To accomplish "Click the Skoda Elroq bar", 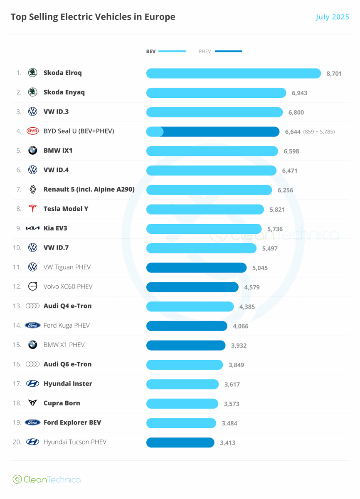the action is (x=233, y=73).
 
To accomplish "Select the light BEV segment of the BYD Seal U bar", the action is (x=155, y=132).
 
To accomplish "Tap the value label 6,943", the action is (x=299, y=93).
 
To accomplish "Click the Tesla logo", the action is (x=32, y=208).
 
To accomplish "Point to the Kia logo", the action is (x=32, y=228).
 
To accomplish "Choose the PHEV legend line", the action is (x=228, y=51).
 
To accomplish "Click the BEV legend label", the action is (x=151, y=52).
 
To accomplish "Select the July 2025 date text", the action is (x=332, y=17).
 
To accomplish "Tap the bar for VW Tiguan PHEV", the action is (x=196, y=267).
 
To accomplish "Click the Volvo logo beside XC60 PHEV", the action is (x=32, y=286).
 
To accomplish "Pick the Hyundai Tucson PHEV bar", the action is (x=180, y=442).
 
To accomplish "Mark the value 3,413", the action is (x=227, y=442).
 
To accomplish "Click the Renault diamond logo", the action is (x=33, y=189).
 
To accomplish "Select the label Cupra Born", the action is (x=62, y=403).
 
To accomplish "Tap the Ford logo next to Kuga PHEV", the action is (x=32, y=325).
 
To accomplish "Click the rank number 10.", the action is (x=17, y=247).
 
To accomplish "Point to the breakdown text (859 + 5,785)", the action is (x=319, y=132).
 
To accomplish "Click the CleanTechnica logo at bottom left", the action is (x=47, y=479).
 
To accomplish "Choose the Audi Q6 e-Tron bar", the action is (x=185, y=365).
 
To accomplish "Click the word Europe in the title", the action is (x=160, y=17).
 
